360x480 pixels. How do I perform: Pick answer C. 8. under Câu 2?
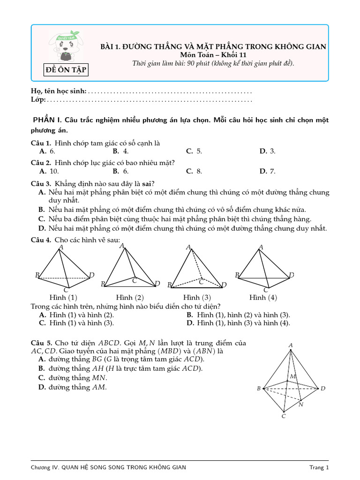coord(194,171)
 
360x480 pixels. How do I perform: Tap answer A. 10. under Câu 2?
coord(49,171)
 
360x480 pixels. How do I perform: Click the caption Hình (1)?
coord(63,298)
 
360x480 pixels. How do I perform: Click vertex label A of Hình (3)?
coord(188,247)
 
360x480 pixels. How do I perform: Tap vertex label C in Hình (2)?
coord(135,280)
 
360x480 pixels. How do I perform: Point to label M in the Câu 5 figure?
coord(293,376)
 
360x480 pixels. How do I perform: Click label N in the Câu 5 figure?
coord(301,404)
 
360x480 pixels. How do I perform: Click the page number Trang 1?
coord(319,467)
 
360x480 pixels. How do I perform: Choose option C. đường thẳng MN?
coord(73,378)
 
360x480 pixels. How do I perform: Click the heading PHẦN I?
coord(46,120)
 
